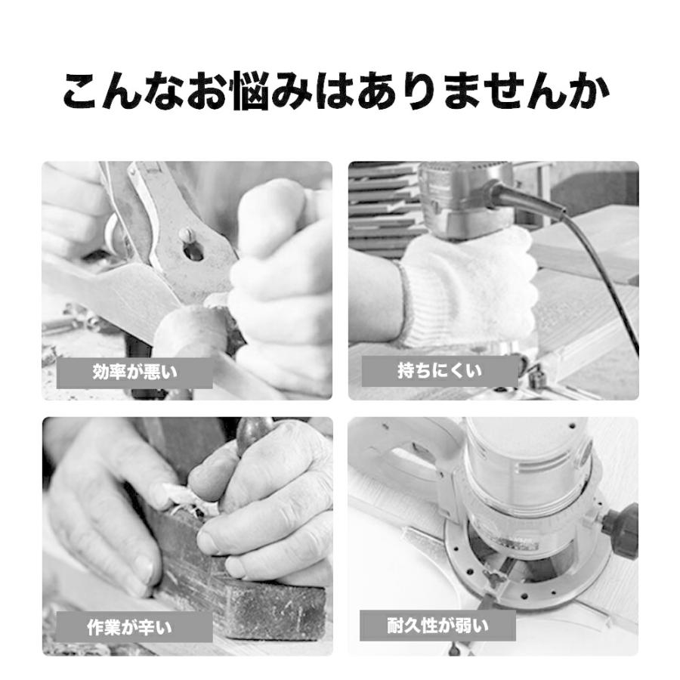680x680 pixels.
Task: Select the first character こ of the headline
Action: [x=82, y=90]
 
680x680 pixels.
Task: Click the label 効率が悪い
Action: [x=135, y=372]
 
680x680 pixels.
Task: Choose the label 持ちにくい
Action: [x=440, y=371]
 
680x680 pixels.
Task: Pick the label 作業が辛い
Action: [x=129, y=627]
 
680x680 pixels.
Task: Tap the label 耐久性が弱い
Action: [x=437, y=626]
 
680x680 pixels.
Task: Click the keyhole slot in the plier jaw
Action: [x=193, y=251]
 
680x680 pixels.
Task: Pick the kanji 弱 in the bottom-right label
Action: [x=464, y=626]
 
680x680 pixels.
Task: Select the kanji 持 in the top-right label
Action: [x=406, y=371]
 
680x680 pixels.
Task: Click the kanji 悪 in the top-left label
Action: [x=152, y=372]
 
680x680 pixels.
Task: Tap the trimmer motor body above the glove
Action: [x=464, y=200]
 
